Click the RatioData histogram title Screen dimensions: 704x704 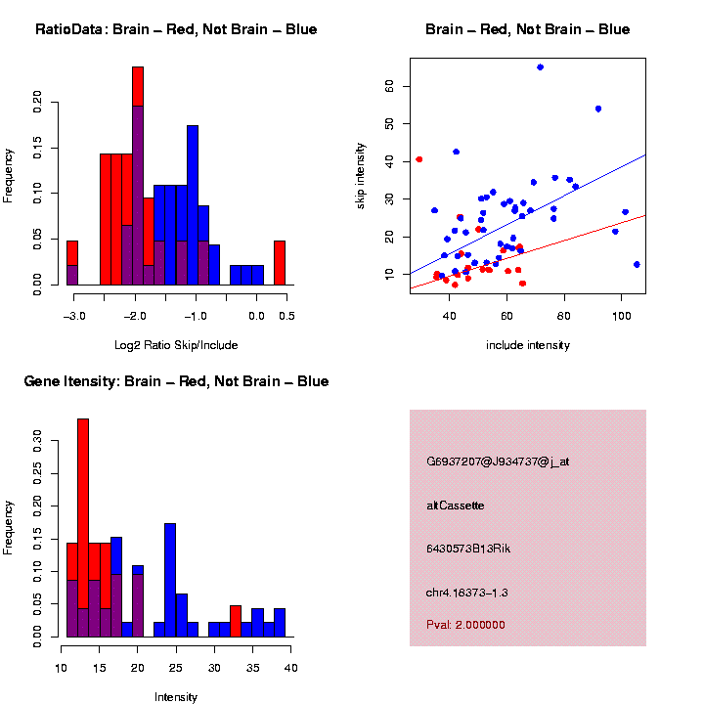(x=176, y=29)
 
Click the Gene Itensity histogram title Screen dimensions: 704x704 (x=176, y=381)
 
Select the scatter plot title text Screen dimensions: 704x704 (x=527, y=29)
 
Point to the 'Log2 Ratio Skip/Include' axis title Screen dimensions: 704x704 (x=176, y=345)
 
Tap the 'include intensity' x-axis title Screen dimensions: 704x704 (x=527, y=345)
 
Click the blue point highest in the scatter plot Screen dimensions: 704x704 (x=540, y=67)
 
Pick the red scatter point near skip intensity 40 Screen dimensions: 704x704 (x=419, y=159)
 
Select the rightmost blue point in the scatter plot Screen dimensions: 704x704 (x=637, y=264)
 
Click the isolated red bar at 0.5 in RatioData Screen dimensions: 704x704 (x=280, y=263)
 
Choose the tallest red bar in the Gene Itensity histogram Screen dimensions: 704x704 (x=83, y=528)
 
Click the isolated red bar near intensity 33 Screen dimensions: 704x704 (x=236, y=621)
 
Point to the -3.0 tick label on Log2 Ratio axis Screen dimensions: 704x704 (x=73, y=316)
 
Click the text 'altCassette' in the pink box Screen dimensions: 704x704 (x=456, y=506)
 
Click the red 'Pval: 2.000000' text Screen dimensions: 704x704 (x=465, y=625)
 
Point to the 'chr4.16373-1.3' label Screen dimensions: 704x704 (x=467, y=593)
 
